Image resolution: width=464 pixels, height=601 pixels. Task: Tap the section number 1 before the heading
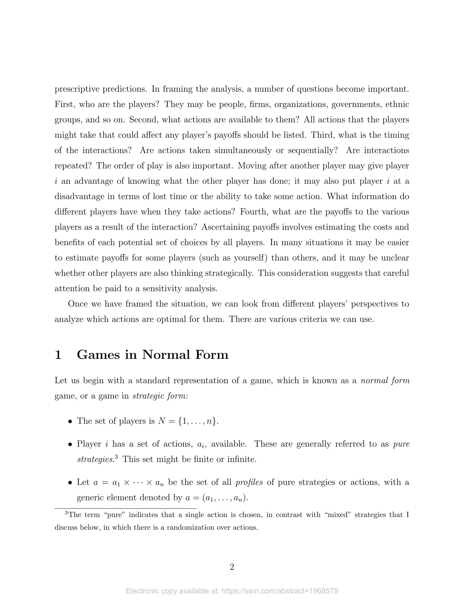click(x=58, y=355)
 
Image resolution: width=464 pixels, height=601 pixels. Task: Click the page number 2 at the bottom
click(x=232, y=567)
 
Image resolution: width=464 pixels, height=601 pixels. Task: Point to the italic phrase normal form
click(x=385, y=381)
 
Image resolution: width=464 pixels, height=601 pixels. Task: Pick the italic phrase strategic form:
click(x=160, y=396)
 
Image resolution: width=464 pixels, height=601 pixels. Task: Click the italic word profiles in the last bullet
click(x=249, y=482)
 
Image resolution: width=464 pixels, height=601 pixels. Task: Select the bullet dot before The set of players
click(x=70, y=421)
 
